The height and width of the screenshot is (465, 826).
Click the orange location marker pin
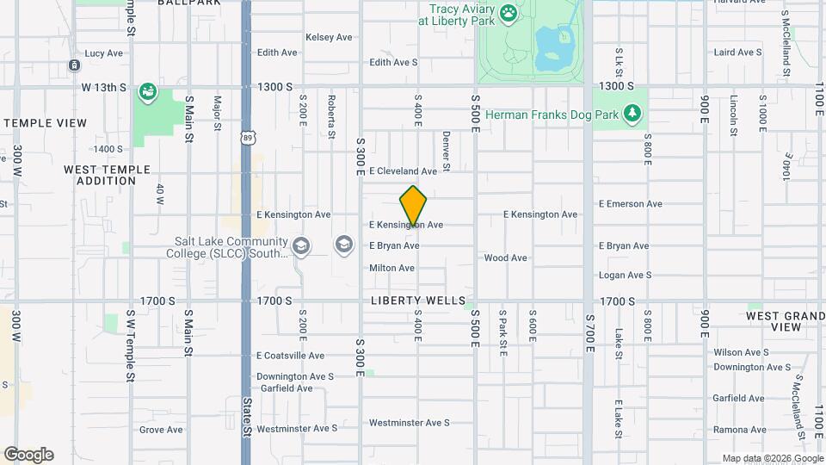[414, 206]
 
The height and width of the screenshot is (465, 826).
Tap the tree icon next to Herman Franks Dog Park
[633, 113]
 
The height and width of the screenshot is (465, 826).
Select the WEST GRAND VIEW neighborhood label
[785, 321]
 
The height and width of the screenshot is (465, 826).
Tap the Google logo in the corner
[28, 455]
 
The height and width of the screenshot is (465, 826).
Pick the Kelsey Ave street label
[329, 38]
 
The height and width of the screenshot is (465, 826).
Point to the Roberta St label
[331, 115]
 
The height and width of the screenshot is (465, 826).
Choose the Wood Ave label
[505, 257]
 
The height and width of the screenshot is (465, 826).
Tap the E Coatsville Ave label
[290, 356]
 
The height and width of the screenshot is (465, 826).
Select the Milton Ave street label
[391, 268]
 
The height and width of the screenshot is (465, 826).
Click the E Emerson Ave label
[631, 204]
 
